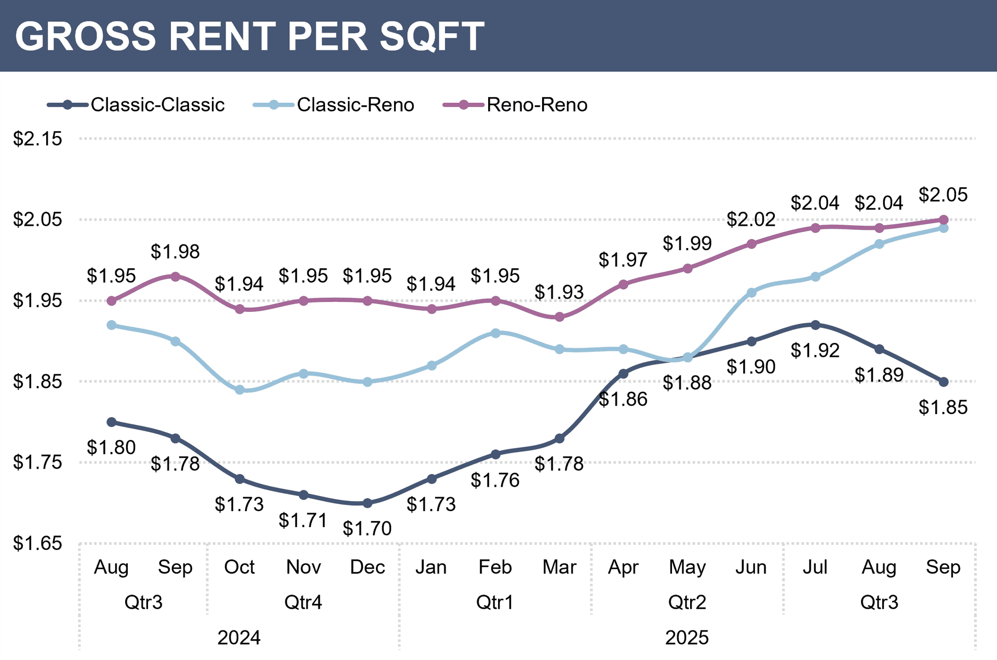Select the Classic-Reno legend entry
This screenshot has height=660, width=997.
[x=334, y=105]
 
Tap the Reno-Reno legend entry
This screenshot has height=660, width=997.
[x=516, y=105]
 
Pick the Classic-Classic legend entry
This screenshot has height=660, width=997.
[x=136, y=105]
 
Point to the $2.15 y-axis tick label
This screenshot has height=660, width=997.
[x=37, y=139]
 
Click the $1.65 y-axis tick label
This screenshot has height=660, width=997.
[x=37, y=543]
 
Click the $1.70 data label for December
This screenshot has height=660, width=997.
[x=367, y=528]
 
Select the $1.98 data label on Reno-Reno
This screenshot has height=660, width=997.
[x=175, y=252]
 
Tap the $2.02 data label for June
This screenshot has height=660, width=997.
[x=751, y=219]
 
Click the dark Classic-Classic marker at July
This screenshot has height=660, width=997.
[x=815, y=325]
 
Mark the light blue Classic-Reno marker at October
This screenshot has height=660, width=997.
[x=239, y=390]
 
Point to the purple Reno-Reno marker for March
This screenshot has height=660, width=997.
[x=559, y=317]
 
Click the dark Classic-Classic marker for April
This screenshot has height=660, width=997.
[x=623, y=374]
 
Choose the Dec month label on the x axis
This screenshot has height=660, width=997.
[x=367, y=567]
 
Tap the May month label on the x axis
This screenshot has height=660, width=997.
[x=687, y=567]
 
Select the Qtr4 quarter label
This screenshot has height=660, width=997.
[x=303, y=602]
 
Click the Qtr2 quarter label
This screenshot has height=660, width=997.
[x=687, y=602]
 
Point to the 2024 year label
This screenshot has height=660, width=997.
[x=239, y=638]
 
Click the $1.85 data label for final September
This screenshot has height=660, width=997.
[x=943, y=407]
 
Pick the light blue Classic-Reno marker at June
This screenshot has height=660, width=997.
[x=751, y=293]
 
